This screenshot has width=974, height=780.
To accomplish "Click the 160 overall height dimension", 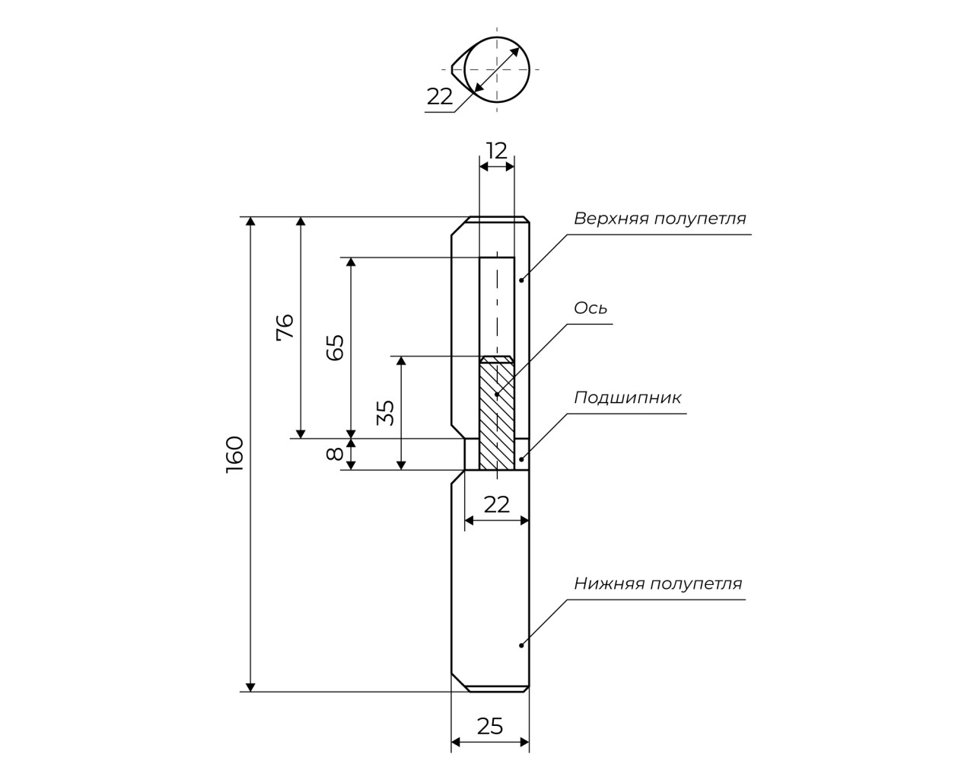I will click(x=234, y=454).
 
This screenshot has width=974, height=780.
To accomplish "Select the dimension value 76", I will click(x=285, y=327).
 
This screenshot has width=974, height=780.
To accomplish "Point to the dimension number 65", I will click(x=336, y=347).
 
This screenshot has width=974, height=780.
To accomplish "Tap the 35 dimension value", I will click(x=387, y=412).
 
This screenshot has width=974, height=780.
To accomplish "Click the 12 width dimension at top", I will click(x=496, y=151).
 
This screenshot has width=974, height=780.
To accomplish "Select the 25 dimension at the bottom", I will click(x=490, y=726).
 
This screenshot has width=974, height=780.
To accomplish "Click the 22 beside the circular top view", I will click(x=439, y=97).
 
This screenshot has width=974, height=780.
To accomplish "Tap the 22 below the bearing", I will click(x=496, y=503).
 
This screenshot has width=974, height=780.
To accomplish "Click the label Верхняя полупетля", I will click(x=660, y=219).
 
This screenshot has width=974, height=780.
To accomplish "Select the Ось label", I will click(x=590, y=308).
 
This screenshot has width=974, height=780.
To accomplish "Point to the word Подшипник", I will click(x=627, y=397).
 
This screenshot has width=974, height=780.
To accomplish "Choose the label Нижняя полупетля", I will click(x=657, y=583).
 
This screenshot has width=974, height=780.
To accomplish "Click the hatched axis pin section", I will click(x=496, y=415).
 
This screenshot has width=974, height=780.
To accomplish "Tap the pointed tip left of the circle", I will click(x=452, y=69).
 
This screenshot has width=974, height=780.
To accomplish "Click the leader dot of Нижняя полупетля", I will click(x=521, y=645).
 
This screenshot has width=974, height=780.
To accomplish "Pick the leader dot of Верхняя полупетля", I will click(x=521, y=280).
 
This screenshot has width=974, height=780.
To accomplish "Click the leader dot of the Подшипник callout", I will click(x=521, y=459).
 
